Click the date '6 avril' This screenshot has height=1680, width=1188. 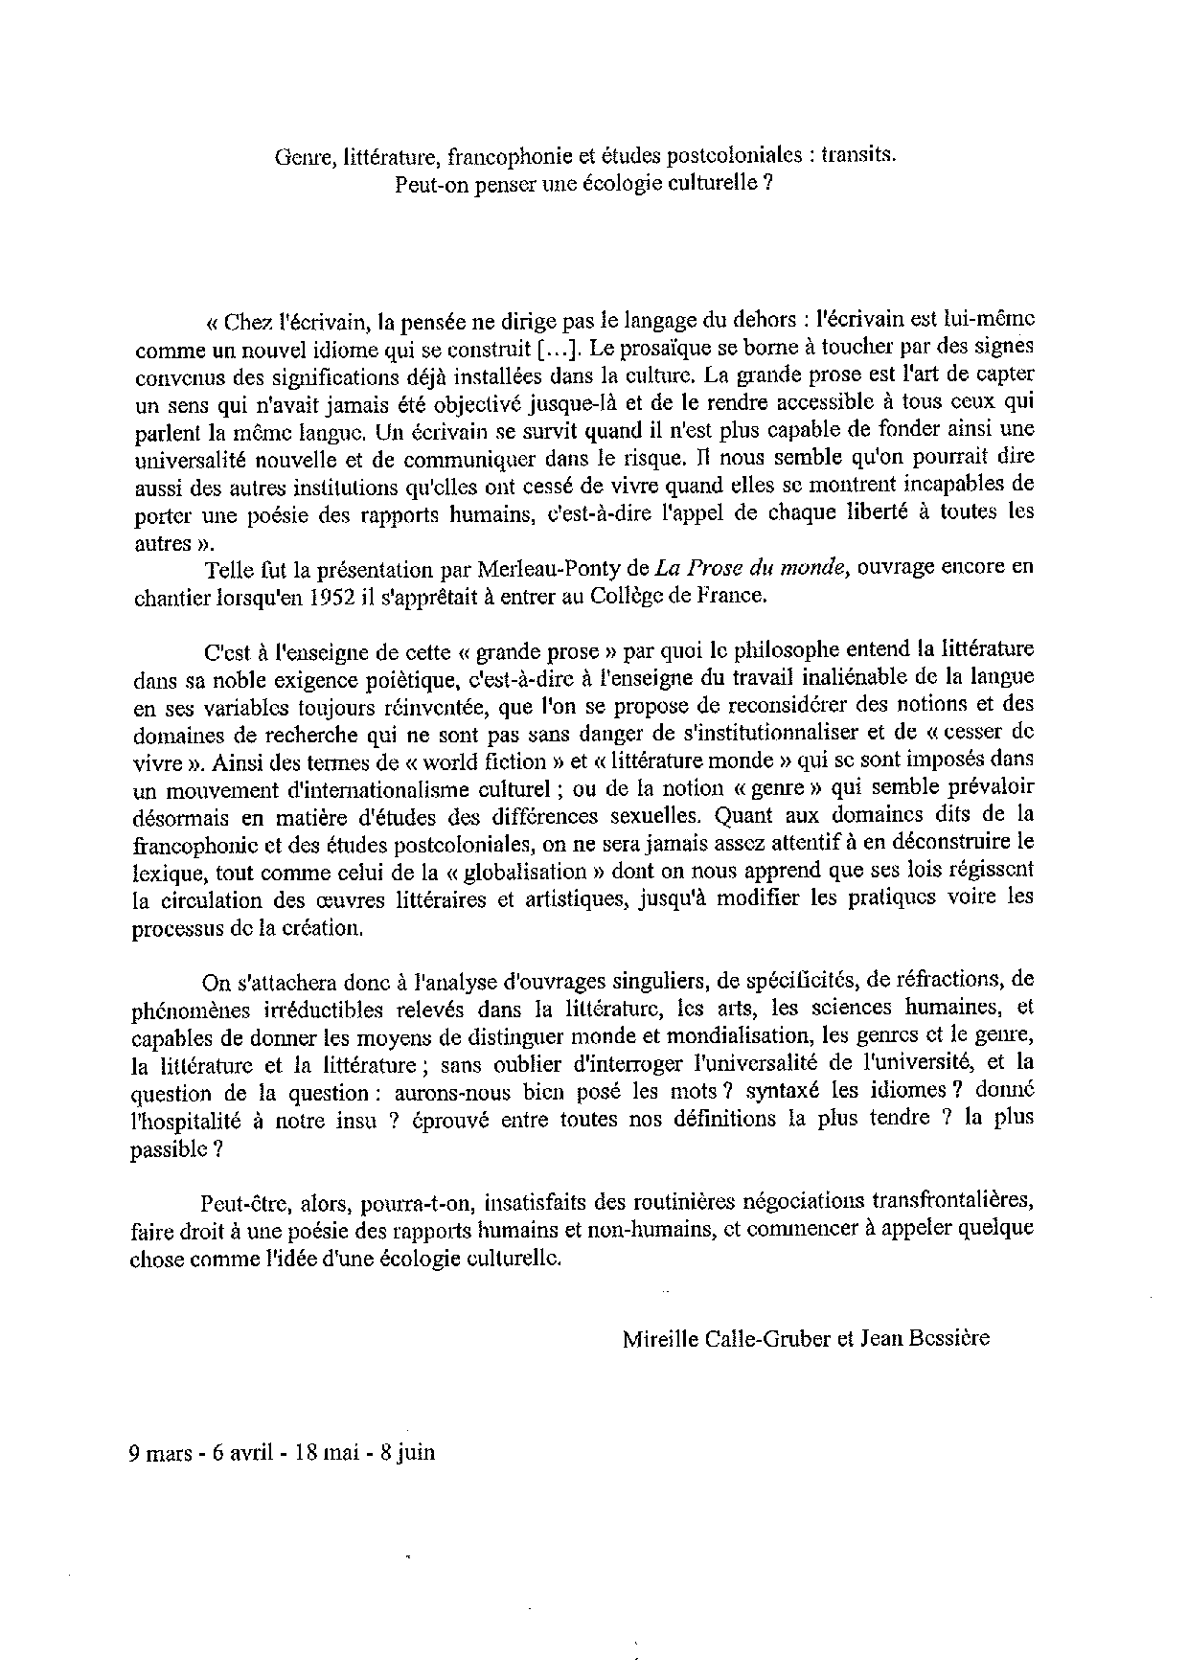coord(244,1452)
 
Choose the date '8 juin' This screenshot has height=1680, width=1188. coord(407,1452)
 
